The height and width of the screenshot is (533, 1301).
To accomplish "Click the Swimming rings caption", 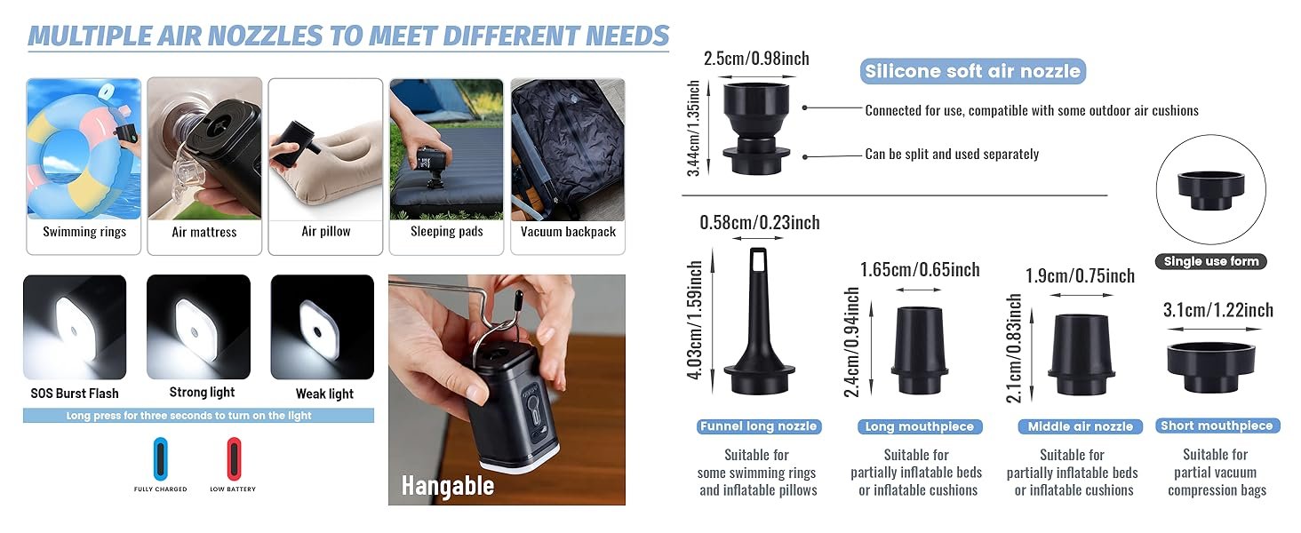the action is (x=84, y=232).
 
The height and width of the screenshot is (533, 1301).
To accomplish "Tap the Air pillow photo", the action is (x=325, y=150).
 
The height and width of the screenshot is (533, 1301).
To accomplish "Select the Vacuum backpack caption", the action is (x=568, y=232).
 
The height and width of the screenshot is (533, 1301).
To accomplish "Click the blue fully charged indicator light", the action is (x=160, y=458).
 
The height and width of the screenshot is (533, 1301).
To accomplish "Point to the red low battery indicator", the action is (x=234, y=458).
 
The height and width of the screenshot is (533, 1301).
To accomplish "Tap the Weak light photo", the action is (x=323, y=327).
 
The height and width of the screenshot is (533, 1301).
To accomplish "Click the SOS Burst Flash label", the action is (x=75, y=394).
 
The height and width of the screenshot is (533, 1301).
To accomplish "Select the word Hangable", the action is (x=448, y=486).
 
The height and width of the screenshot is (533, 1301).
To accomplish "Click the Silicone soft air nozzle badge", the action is (x=973, y=71).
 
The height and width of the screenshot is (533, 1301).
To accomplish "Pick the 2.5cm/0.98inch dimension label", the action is (x=756, y=59).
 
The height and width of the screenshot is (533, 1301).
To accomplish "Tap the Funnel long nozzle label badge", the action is (x=759, y=426).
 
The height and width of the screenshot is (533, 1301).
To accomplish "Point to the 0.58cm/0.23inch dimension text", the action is (x=760, y=222).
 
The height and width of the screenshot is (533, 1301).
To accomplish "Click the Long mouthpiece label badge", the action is (x=920, y=426).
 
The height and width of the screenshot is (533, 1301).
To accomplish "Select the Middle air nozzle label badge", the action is (x=1081, y=426).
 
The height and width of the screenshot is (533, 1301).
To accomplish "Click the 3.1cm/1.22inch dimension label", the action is (x=1218, y=310).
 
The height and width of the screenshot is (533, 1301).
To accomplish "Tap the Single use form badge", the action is (x=1211, y=261).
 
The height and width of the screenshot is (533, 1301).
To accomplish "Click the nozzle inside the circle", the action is (x=1211, y=190).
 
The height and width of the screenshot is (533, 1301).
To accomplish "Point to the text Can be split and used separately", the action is (x=952, y=154).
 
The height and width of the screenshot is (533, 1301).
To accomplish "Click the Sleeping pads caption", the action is (x=447, y=231).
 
